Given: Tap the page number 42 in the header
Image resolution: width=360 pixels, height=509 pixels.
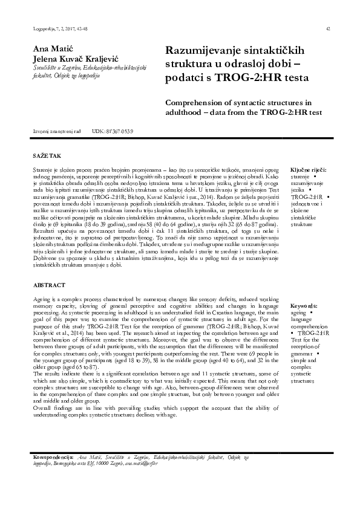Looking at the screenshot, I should point(327,28).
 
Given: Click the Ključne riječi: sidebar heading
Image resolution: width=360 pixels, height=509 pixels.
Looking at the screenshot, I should point(308,170).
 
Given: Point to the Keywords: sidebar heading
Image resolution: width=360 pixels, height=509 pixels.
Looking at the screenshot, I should point(306,306).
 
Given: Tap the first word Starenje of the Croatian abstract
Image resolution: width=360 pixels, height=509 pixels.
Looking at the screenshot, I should point(43,171).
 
